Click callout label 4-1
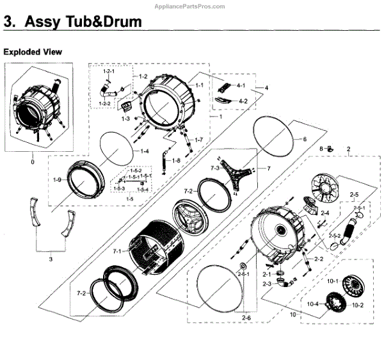pyautogui.click(x=241, y=85)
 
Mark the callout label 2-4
pyautogui.click(x=325, y=213)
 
